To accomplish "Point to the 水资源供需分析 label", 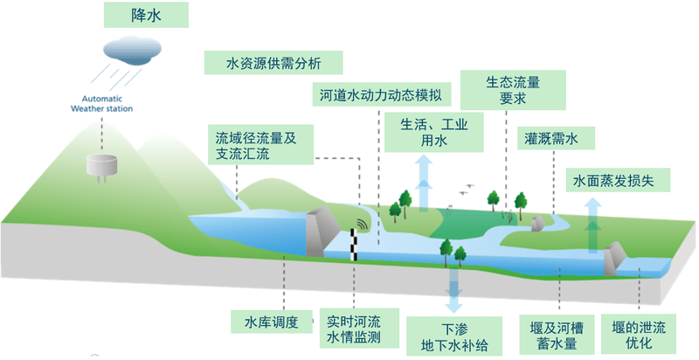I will (272, 63).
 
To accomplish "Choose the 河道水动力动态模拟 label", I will (378, 93).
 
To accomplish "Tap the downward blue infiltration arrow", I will (453, 288).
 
